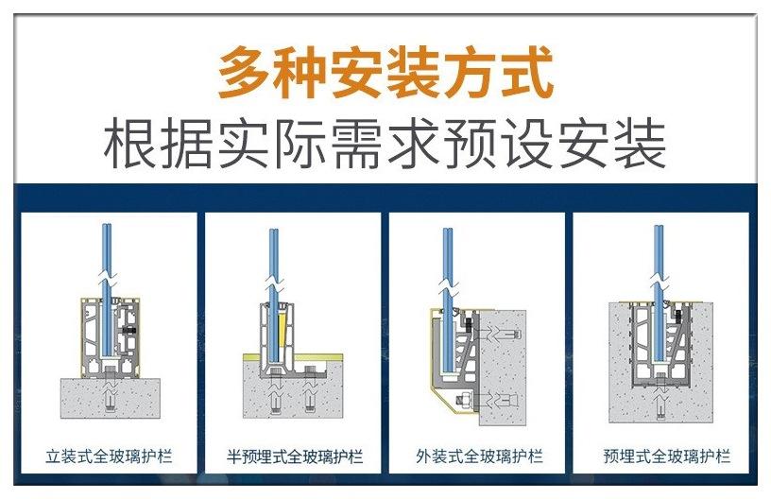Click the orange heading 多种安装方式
385,75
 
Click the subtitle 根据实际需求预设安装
385,143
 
